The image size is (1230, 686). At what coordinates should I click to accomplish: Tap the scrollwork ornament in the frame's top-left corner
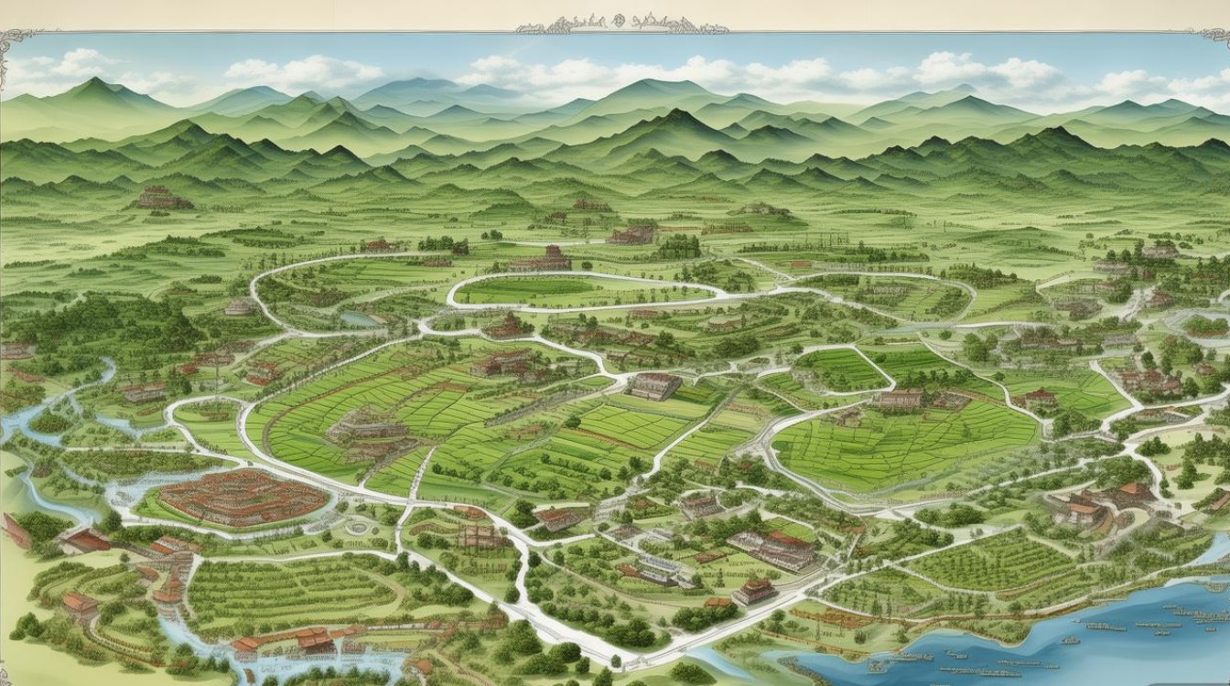click(16, 44)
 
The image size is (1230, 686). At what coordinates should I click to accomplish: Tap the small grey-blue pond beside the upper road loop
click(359, 319)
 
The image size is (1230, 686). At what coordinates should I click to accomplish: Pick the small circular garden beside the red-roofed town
click(356, 528)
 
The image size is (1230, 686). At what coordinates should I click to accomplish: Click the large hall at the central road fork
click(655, 385)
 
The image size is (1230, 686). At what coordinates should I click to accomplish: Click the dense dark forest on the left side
click(92, 320)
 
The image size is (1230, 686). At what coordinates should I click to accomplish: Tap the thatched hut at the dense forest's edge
click(240, 307)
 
